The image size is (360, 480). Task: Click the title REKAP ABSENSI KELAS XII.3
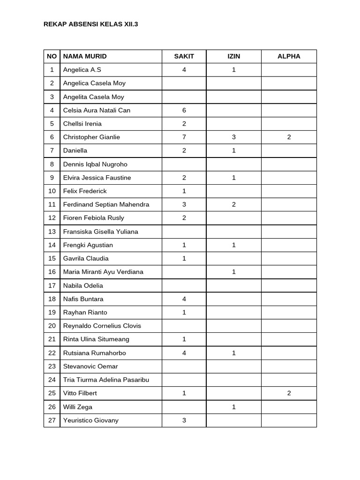click(90, 24)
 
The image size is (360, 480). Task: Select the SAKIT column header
click(184, 56)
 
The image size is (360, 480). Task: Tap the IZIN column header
click(233, 56)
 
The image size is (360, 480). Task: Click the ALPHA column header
click(289, 56)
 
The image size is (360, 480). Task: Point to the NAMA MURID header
click(85, 56)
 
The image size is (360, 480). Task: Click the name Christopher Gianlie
click(91, 137)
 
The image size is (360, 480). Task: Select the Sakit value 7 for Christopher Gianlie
click(184, 137)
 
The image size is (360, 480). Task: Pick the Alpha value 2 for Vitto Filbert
click(289, 393)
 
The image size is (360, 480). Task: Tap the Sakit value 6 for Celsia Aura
click(184, 110)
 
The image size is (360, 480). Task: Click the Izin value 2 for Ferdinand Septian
click(233, 204)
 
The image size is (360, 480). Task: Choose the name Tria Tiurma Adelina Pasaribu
click(106, 380)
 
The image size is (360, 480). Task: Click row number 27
click(52, 420)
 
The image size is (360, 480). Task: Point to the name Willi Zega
click(78, 407)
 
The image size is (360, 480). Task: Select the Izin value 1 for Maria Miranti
click(233, 272)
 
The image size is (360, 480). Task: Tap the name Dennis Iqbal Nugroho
click(95, 165)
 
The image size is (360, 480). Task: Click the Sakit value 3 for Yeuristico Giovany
click(184, 420)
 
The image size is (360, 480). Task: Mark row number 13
click(52, 232)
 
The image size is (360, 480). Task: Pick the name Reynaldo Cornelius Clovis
click(102, 326)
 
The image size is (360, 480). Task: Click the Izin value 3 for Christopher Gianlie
click(233, 137)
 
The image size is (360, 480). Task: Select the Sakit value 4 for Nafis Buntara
click(184, 299)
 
